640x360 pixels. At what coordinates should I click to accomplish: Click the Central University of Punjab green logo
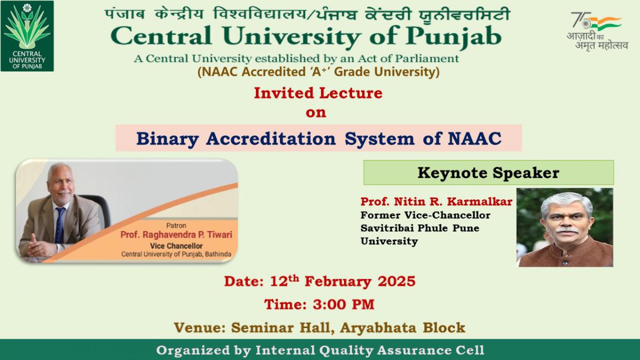[x=27, y=36]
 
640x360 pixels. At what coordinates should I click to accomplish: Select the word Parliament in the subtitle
[x=427, y=59]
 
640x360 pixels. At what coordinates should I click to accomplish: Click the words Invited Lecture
[x=318, y=93]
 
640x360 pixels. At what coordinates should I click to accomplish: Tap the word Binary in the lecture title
[x=167, y=139]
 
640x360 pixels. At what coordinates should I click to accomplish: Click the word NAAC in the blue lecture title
[x=475, y=138]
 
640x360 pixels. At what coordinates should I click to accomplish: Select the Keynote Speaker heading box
[x=489, y=173]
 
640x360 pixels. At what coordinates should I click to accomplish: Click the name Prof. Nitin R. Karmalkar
[x=436, y=202]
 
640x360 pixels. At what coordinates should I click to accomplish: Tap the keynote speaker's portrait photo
[x=565, y=227]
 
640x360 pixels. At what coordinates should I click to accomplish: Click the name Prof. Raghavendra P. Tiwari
[x=177, y=235]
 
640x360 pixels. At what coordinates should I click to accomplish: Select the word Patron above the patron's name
[x=176, y=226]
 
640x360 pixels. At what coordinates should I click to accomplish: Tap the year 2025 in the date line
[x=397, y=282]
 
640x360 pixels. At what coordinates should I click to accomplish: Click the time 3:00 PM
[x=343, y=305]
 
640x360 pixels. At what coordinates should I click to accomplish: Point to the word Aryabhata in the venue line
[x=378, y=328]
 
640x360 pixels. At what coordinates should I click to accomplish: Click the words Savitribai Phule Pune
[x=420, y=228]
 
